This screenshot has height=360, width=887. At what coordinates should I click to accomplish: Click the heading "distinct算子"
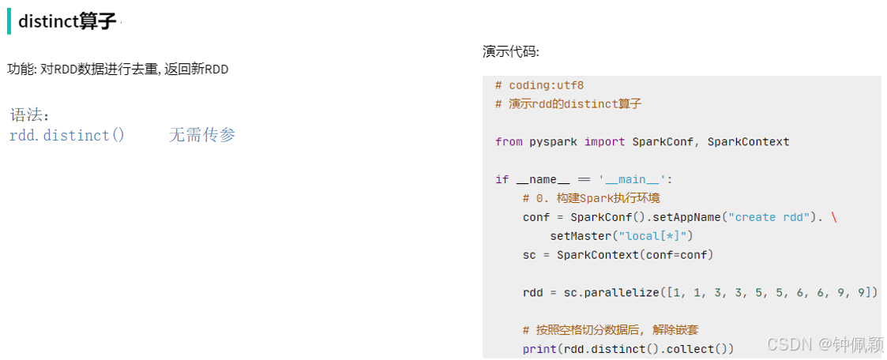coord(67,21)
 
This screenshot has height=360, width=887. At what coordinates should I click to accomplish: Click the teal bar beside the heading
coord(9,21)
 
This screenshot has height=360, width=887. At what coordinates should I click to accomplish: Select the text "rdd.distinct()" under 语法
coord(67,135)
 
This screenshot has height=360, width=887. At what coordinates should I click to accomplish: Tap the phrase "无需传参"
coord(202,135)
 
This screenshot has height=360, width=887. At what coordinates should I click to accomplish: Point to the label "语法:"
coord(30,115)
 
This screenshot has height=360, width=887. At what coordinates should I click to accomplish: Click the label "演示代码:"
coord(511,52)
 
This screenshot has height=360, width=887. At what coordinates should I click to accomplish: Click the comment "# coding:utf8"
coord(539,85)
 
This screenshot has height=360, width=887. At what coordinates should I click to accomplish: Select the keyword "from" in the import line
coord(509,142)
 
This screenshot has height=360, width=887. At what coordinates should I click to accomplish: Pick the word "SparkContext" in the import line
coord(748,142)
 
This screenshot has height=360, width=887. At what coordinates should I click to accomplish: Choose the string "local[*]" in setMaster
coord(655,236)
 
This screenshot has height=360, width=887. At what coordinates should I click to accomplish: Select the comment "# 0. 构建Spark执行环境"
coord(592,198)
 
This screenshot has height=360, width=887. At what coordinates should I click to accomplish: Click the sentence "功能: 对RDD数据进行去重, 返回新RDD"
coord(118,69)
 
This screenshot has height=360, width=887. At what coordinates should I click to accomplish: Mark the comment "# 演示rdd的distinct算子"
coord(568,104)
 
